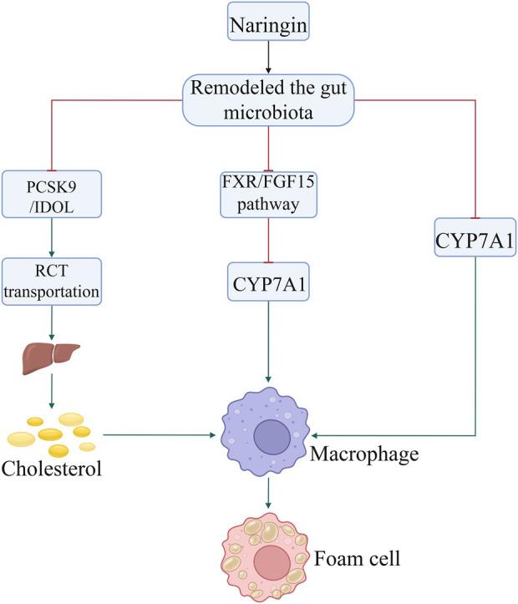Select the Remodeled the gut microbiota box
tap(267, 99)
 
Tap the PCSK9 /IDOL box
tap(52, 192)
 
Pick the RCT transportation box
tap(52, 281)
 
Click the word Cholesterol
tap(52, 467)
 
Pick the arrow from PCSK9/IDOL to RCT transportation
tap(52, 236)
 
